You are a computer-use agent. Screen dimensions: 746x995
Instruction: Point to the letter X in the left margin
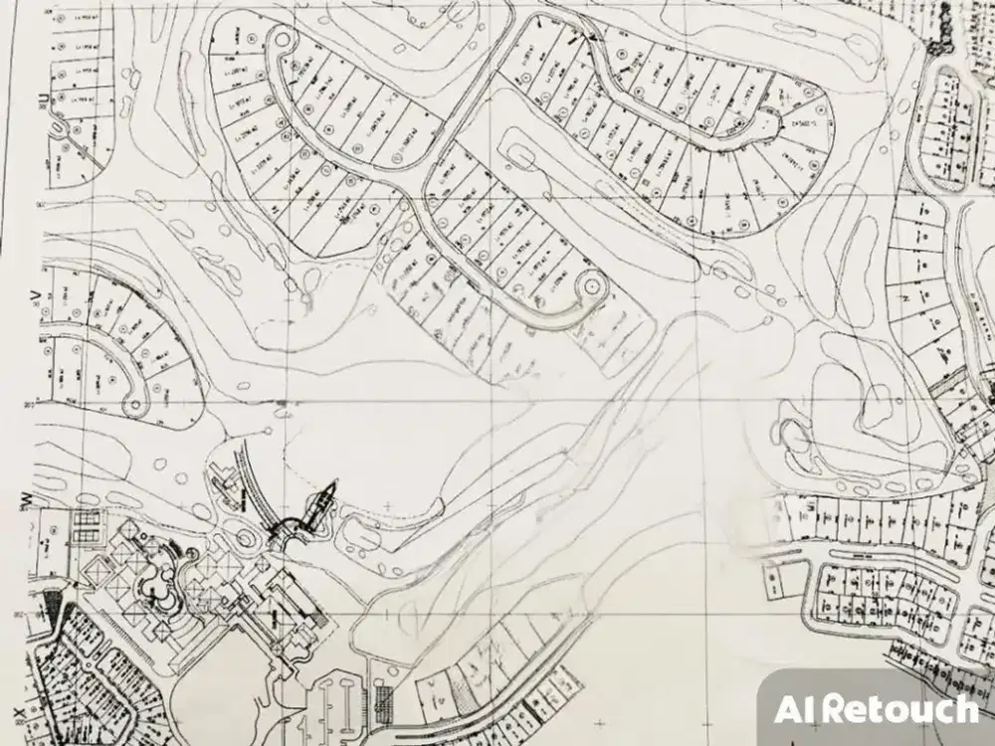tap(19, 713)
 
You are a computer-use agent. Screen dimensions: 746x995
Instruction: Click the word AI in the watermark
tap(797, 709)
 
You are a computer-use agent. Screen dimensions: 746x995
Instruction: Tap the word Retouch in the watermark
tap(901, 709)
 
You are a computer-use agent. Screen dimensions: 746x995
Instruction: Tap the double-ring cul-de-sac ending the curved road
tap(591, 286)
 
